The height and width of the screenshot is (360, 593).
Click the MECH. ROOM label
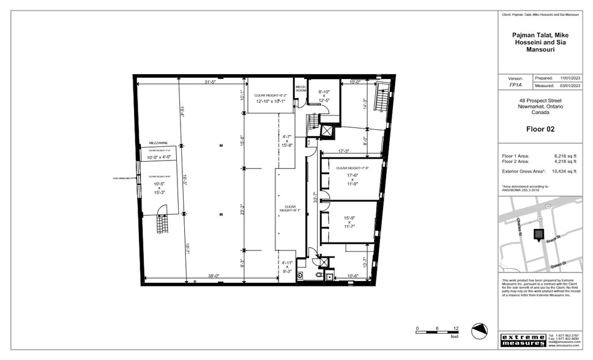(x=300, y=88)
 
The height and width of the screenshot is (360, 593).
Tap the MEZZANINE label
(x=150, y=143)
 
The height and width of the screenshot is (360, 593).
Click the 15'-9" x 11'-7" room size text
(x=349, y=222)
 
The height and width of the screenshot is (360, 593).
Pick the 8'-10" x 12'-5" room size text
(x=324, y=96)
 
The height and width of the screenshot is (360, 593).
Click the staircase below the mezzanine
(x=162, y=221)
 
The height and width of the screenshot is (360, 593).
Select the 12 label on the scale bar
(x=456, y=329)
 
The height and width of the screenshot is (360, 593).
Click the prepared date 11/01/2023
(x=569, y=78)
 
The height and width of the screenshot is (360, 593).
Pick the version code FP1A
(x=516, y=86)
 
